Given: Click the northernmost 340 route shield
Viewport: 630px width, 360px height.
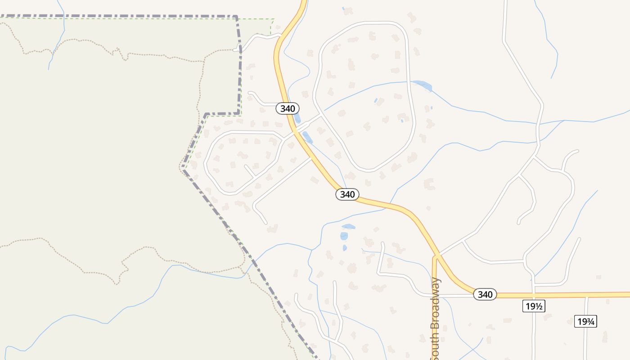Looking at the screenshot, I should click(287, 108).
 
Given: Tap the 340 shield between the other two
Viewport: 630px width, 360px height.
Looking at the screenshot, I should click(347, 194).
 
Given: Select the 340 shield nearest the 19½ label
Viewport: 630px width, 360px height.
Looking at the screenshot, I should click(485, 294).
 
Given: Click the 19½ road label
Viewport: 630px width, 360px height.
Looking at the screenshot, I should click(534, 306).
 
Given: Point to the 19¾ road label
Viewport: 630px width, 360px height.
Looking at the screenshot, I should click(585, 321).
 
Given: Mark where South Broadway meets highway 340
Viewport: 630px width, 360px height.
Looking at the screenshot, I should click(435, 256).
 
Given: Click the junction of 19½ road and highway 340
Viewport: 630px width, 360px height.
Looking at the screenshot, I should click(533, 295).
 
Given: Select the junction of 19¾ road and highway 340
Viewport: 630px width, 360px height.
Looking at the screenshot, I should click(586, 295).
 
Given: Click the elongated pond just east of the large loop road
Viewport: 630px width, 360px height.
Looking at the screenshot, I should click(423, 85).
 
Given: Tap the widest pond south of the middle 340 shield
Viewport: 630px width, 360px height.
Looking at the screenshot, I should click(348, 226).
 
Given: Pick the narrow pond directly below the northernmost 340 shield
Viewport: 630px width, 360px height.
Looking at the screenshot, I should click(297, 118).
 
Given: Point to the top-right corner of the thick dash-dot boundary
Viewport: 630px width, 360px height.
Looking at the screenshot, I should click(236, 17).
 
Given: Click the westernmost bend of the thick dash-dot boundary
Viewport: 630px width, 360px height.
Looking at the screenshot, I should click(182, 168).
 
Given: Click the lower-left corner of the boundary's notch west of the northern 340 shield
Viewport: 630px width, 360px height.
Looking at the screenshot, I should click(206, 115).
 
